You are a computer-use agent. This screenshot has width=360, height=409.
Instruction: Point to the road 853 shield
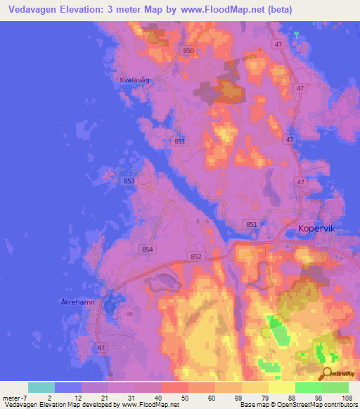tap(129, 181)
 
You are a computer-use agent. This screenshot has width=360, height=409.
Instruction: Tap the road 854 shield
tap(147, 249)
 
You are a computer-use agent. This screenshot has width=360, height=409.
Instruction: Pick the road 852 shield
tap(196, 257)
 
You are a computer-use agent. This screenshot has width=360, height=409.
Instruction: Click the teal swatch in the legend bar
tap(41, 387)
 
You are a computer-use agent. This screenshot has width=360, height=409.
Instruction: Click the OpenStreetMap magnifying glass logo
tap(326, 373)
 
